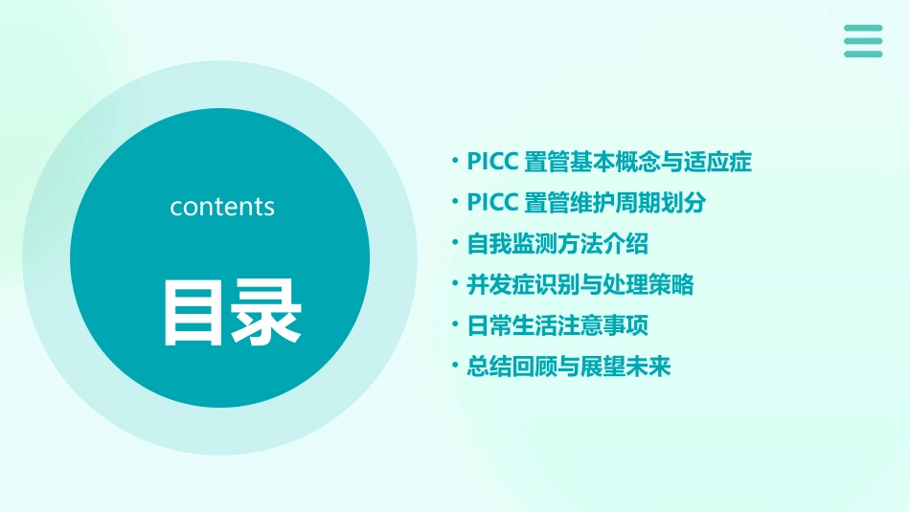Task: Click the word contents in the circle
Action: [222, 207]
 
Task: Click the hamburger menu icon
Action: [862, 41]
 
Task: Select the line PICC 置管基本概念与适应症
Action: [609, 162]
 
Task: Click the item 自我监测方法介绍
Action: [557, 244]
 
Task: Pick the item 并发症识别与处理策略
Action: [580, 285]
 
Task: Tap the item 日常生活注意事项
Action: [557, 326]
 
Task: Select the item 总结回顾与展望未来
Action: [569, 367]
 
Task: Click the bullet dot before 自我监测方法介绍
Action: [456, 243]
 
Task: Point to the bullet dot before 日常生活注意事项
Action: [456, 325]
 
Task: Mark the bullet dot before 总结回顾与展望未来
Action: [456, 367]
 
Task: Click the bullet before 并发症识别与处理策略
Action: [456, 284]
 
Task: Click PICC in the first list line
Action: [492, 162]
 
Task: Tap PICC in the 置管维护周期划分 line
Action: [492, 203]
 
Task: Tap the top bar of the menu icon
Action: [862, 28]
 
